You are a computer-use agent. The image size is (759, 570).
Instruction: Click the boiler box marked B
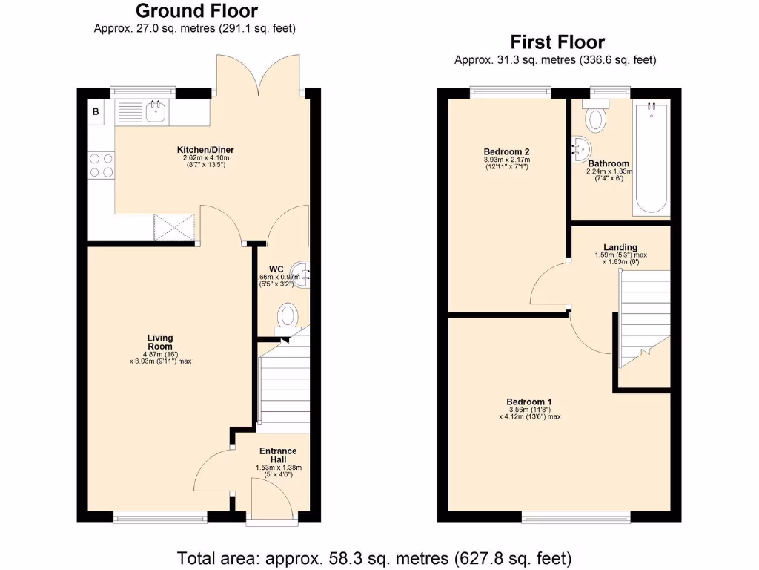96,112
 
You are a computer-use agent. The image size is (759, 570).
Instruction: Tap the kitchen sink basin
156,113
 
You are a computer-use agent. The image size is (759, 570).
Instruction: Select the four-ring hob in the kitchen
101,165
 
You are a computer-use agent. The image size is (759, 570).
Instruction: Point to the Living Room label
159,342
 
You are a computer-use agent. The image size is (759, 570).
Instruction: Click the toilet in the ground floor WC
287,315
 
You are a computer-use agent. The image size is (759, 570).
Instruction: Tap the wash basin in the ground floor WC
300,272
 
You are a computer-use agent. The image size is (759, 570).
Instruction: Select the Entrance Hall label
278,455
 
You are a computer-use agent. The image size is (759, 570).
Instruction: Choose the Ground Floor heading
196,11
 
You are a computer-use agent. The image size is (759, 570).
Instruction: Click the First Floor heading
557,42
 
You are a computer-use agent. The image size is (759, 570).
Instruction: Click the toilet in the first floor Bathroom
595,117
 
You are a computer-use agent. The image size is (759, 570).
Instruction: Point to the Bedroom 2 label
507,151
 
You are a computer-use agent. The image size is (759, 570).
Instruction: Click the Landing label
620,247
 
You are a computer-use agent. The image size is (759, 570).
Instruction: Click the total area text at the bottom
374,557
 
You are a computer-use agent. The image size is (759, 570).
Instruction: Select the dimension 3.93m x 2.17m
507,160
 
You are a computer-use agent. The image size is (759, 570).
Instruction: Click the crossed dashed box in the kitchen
173,226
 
